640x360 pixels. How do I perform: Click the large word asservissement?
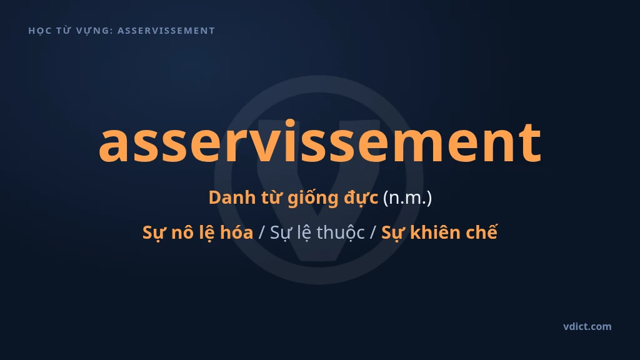click(320, 141)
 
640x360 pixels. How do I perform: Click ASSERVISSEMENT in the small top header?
click(166, 31)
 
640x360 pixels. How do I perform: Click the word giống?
click(313, 198)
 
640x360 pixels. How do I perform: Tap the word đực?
click(361, 198)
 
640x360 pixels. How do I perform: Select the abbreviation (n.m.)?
click(407, 197)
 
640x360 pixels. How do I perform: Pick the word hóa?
click(237, 232)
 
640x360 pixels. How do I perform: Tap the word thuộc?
click(341, 232)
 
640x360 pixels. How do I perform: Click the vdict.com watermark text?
click(587, 326)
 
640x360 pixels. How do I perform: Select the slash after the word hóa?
click(262, 232)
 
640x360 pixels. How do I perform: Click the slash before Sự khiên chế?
click(372, 232)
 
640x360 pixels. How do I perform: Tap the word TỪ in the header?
click(63, 31)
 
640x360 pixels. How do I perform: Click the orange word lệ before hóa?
click(206, 232)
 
